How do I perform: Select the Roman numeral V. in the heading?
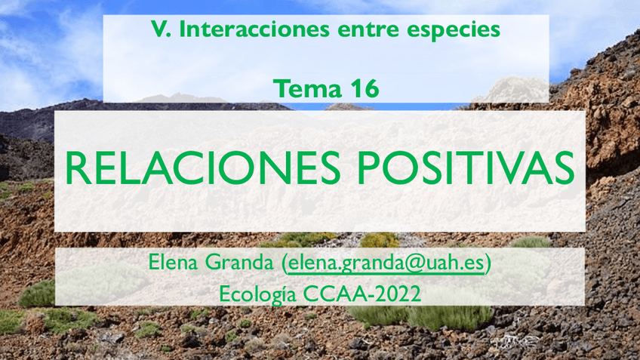click(158, 31)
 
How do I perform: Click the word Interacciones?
click(252, 31)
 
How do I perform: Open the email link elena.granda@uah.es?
click(386, 264)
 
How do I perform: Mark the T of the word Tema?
click(279, 88)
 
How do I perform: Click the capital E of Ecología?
click(224, 293)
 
